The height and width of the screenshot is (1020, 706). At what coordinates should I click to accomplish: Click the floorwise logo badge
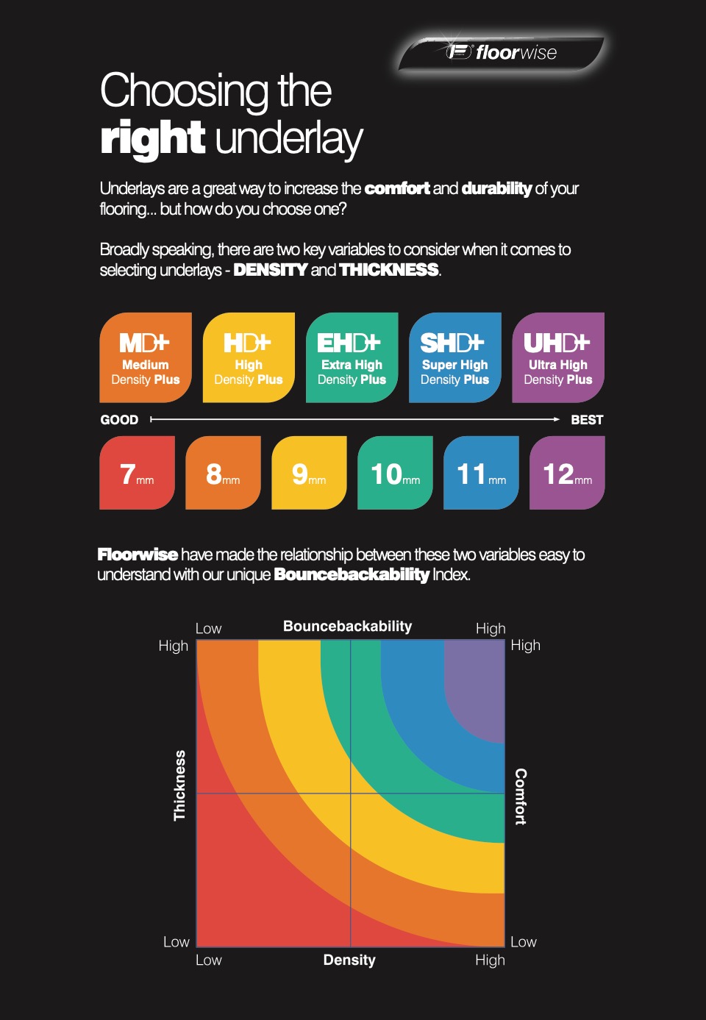(x=501, y=53)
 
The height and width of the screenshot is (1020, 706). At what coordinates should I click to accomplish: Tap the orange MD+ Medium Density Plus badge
(x=146, y=357)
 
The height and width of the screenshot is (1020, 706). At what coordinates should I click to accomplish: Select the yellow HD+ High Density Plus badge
(x=249, y=357)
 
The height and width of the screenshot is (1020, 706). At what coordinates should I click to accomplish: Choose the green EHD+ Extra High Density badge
(x=352, y=357)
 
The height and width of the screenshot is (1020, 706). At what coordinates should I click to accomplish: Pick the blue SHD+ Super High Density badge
(x=455, y=357)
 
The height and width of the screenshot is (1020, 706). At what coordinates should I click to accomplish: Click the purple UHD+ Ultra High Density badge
(x=558, y=357)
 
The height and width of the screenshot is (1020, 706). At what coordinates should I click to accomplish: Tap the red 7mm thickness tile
(x=137, y=473)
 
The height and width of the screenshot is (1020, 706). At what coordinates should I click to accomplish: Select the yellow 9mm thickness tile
(x=310, y=473)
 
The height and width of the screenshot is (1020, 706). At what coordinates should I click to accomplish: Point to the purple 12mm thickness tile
(x=567, y=473)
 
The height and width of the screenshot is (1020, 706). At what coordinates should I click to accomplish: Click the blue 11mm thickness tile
(x=481, y=473)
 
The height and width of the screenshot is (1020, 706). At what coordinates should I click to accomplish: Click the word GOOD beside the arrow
(x=119, y=420)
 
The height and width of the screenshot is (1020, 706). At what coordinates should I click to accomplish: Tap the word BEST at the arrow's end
(x=587, y=420)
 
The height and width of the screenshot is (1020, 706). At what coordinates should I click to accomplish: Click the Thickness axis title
(x=180, y=785)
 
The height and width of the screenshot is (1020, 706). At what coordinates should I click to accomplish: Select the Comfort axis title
(x=521, y=797)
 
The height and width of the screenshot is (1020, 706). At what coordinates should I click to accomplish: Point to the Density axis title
(x=349, y=960)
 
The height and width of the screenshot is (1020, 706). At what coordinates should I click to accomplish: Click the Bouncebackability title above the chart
(x=348, y=626)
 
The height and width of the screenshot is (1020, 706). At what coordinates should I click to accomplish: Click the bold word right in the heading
(x=152, y=138)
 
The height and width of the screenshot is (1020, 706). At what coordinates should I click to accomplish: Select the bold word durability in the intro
(x=496, y=188)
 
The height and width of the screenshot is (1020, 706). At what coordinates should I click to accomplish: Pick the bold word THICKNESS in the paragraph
(x=389, y=270)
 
